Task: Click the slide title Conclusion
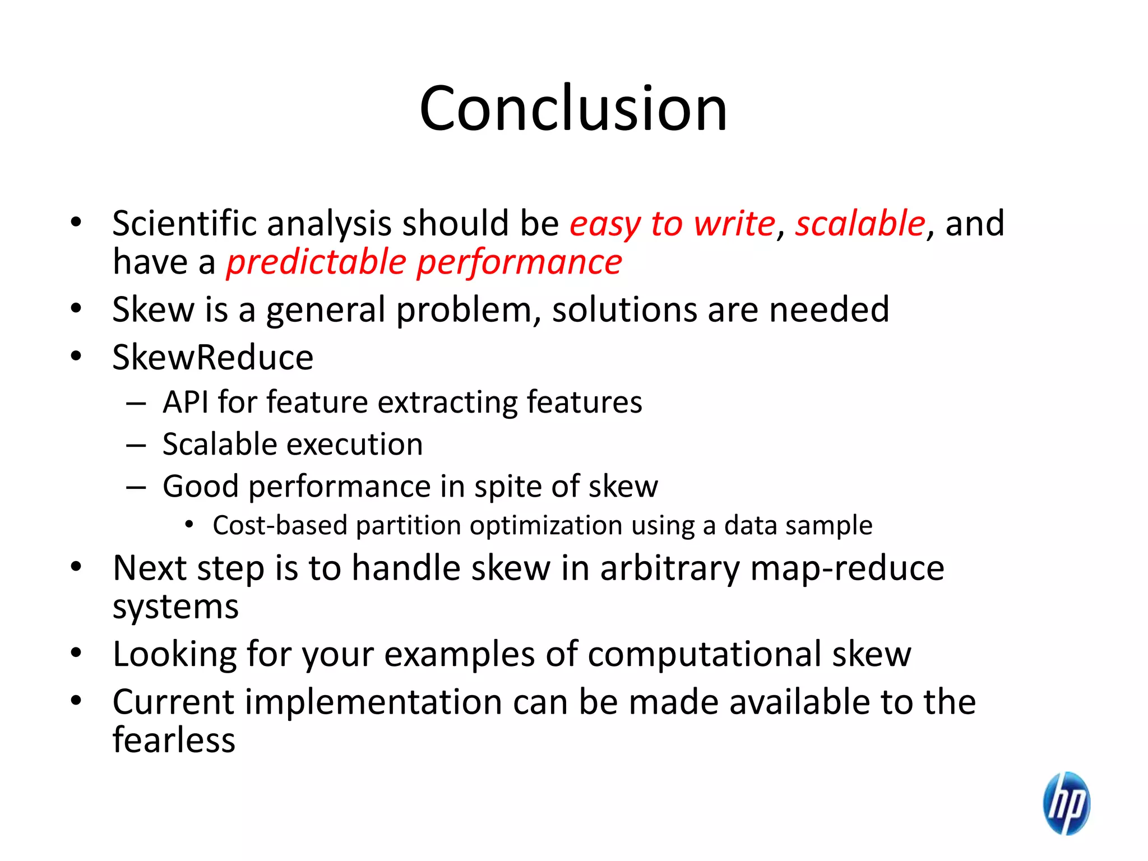tap(573, 108)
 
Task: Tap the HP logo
tap(1066, 803)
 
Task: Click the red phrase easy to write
tap(672, 224)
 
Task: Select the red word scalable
tap(860, 224)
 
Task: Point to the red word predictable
tap(316, 262)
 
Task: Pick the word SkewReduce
tap(212, 358)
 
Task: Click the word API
tap(185, 402)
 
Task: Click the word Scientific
tap(184, 224)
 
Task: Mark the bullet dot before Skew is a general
tap(76, 308)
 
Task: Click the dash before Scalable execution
tap(136, 446)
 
